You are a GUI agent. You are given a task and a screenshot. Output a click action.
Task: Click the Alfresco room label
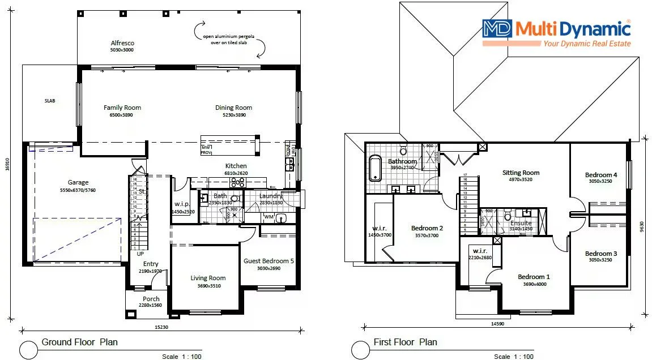122,43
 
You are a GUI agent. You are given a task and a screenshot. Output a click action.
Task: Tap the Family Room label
122,108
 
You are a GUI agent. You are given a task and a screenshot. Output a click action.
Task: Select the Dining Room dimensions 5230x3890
233,115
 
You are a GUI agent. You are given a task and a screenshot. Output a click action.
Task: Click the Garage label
78,182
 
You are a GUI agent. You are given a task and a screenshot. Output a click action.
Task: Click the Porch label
151,299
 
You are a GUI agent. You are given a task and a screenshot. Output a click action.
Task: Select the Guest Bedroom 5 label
269,261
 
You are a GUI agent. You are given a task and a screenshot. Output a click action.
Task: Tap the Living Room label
208,278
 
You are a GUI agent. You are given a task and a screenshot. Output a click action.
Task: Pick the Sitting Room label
521,173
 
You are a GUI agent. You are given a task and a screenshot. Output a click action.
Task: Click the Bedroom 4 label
601,175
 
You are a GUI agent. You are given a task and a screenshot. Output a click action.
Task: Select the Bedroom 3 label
601,254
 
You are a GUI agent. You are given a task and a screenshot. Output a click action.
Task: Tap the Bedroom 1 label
534,277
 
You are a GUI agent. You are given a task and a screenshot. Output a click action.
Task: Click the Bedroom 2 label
427,228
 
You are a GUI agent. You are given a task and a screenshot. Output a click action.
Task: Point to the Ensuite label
521,223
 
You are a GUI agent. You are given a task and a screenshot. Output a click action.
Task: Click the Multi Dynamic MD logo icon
497,29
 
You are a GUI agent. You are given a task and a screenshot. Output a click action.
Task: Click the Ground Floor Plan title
79,342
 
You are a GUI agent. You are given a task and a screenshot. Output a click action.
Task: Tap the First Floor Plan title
405,342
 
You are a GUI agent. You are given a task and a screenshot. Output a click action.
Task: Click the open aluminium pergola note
229,40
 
